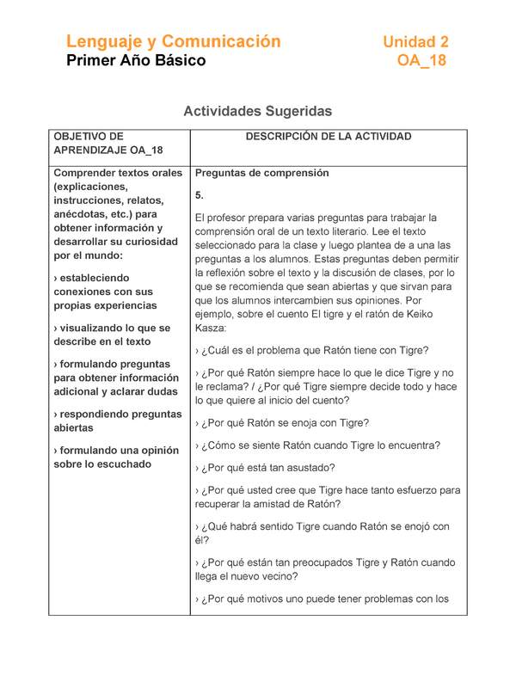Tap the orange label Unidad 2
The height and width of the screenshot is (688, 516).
(x=415, y=41)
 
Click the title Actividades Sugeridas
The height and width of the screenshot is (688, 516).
(x=258, y=112)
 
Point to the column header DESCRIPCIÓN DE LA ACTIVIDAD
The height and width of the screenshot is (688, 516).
(x=329, y=137)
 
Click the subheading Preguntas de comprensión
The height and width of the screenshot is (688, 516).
(x=262, y=173)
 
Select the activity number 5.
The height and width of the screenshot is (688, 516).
(x=200, y=195)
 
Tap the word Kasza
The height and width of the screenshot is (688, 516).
(x=212, y=328)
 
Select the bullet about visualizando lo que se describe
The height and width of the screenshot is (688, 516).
(x=112, y=335)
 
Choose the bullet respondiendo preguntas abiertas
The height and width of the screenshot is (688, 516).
(x=117, y=421)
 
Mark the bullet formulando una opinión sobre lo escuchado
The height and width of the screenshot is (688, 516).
(x=115, y=457)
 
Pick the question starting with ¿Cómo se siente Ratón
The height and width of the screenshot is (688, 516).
(x=317, y=445)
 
